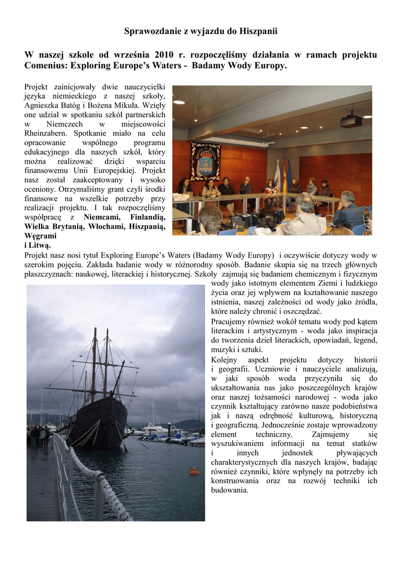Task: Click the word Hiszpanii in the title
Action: click(x=258, y=31)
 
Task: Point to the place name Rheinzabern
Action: click(x=47, y=133)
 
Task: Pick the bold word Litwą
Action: click(x=41, y=245)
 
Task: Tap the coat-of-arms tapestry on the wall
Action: click(x=205, y=161)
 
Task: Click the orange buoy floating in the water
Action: click(x=194, y=470)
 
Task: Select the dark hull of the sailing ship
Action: click(x=98, y=422)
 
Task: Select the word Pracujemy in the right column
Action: click(x=230, y=322)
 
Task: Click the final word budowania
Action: click(x=230, y=490)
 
